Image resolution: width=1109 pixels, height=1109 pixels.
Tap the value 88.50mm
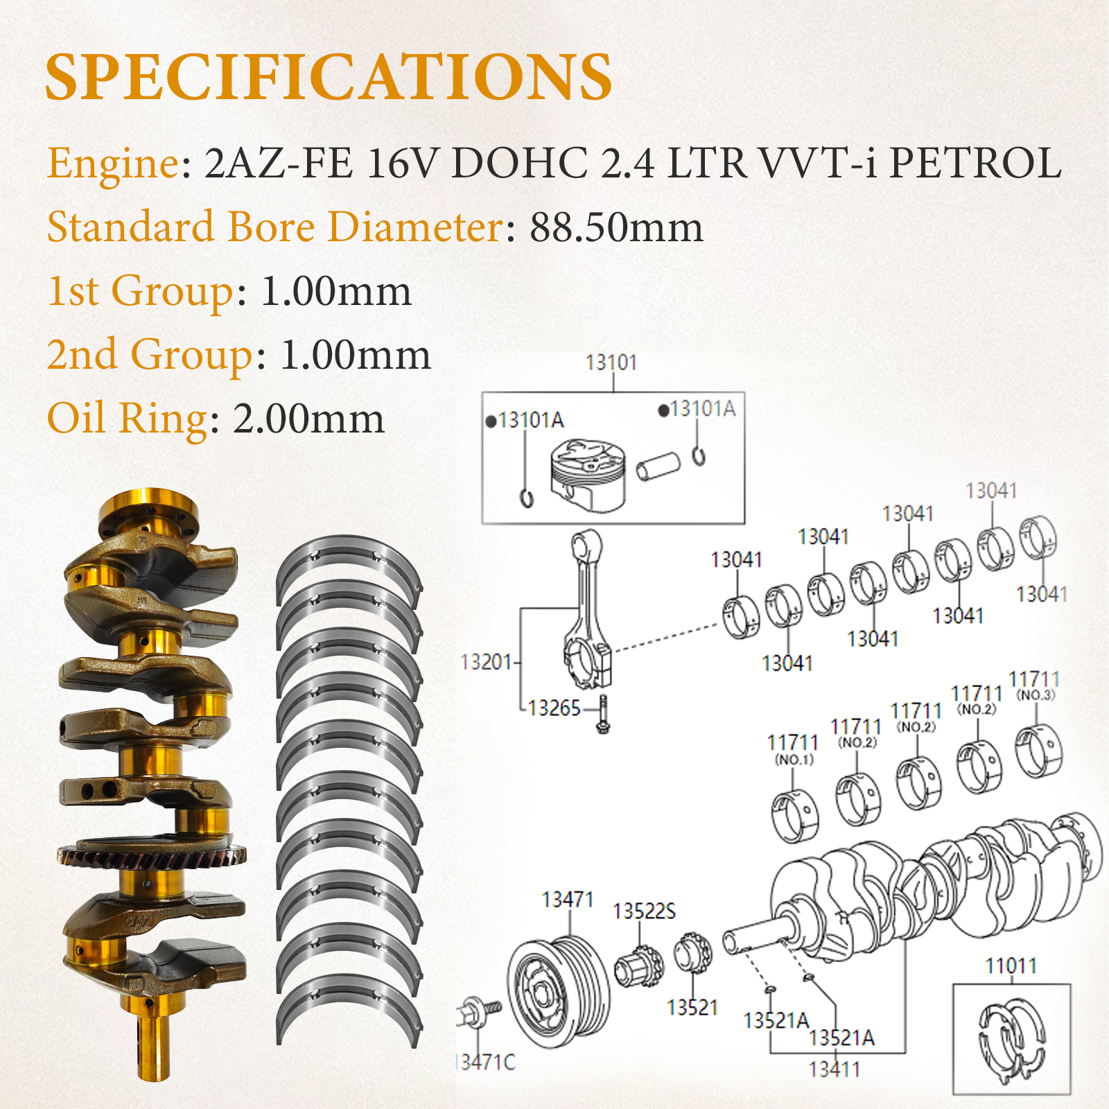(616, 227)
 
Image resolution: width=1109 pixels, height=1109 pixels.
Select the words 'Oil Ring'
(128, 419)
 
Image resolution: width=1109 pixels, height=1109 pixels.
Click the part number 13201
(485, 662)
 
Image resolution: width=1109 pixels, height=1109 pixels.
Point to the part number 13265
(554, 708)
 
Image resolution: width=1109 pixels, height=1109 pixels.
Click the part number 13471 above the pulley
(568, 899)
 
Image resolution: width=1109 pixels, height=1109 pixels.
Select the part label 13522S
(644, 911)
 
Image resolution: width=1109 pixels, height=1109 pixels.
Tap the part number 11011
(1011, 966)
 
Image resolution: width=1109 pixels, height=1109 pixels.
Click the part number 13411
(835, 1069)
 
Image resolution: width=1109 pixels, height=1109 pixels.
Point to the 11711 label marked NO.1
(793, 749)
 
